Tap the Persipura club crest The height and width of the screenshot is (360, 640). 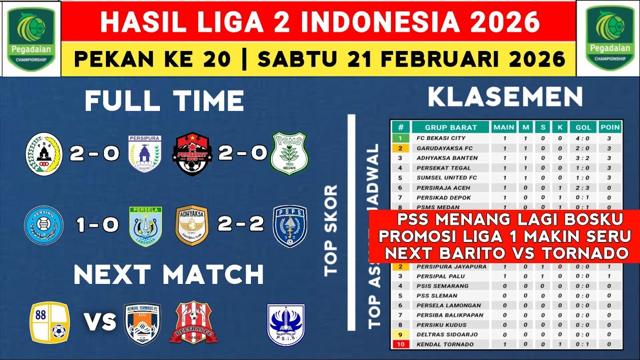pos(144,153)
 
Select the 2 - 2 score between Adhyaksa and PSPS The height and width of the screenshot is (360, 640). pos(240,224)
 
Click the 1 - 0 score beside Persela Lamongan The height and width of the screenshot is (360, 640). pos(97,224)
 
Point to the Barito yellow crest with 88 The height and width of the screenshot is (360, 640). pos(50,322)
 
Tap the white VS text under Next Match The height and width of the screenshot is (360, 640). pos(99,322)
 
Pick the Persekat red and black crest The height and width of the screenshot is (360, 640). pos(192,153)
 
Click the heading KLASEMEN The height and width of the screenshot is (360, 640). pos(505,97)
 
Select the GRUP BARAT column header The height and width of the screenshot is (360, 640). pos(450,127)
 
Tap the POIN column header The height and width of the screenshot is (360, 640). pos(610,127)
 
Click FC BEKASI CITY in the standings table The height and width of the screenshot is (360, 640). pos(441,138)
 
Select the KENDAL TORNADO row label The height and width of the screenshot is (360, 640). pos(445,344)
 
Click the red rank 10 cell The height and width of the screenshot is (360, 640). pos(400,344)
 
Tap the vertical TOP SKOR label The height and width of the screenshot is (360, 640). pos(330,230)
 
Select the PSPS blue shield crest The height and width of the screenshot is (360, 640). pos(290,225)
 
